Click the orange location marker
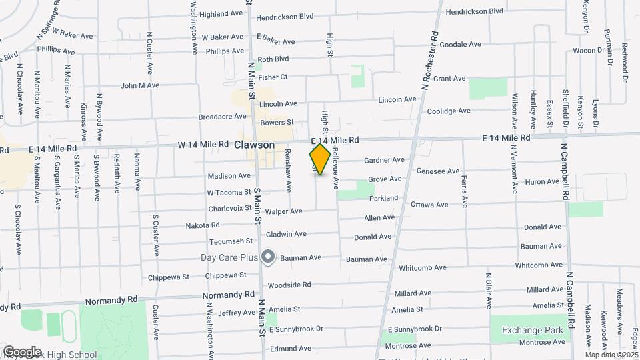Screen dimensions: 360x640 [x=320, y=159]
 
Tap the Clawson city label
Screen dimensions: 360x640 [x=254, y=145]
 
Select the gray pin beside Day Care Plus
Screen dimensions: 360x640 [x=268, y=257]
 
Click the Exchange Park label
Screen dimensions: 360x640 [x=533, y=329]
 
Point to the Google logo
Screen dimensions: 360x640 [x=21, y=351]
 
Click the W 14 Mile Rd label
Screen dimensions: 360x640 [x=203, y=145]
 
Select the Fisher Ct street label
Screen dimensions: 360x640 [x=273, y=77]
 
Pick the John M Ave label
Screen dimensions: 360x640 [x=140, y=85]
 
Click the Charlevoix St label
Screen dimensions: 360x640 [x=229, y=207]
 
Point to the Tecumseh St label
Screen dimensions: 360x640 [x=231, y=241]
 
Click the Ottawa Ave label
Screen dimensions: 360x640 [x=429, y=204]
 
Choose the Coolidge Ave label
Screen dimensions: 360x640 [x=449, y=111]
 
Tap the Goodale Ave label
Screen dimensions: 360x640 [x=461, y=45]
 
